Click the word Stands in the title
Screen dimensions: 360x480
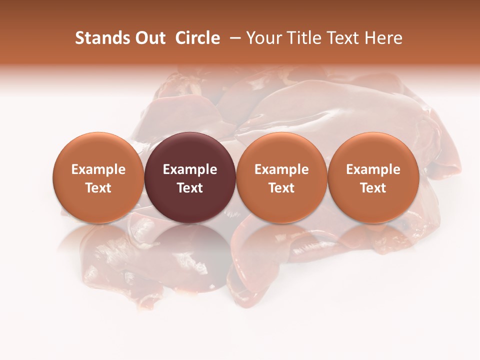[102, 38]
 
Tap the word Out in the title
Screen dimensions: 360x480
[149, 38]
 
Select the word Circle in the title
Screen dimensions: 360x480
[197, 38]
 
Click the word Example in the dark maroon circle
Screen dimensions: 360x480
[190, 169]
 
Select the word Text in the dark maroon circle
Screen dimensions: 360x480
[190, 188]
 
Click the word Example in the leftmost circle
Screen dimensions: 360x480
[98, 169]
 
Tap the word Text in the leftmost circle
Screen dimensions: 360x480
[98, 188]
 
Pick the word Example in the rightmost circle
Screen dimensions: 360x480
[373, 169]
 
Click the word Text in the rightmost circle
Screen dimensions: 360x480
[373, 188]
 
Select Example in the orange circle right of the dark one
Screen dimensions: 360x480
[281, 169]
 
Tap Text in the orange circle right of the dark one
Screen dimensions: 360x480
[281, 188]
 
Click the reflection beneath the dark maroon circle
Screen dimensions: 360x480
[190, 245]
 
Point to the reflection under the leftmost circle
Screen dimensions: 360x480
[98, 245]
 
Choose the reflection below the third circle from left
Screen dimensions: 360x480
[281, 245]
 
